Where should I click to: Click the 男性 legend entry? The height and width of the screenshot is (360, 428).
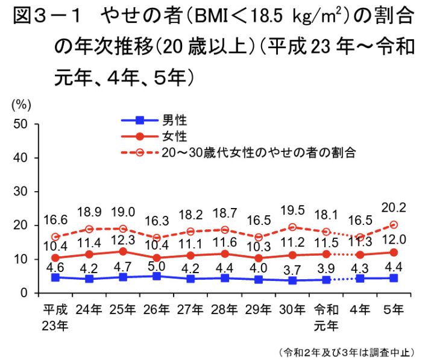coord(172,120)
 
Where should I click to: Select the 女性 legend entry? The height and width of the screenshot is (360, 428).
coord(172,136)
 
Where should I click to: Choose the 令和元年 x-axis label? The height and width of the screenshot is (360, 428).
coord(326,317)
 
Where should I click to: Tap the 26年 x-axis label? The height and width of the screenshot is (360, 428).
coord(157,310)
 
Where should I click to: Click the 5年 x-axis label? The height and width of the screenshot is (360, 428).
coord(394,310)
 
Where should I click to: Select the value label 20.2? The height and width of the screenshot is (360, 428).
coord(393,207)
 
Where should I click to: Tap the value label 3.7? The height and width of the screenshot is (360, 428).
coord(292,268)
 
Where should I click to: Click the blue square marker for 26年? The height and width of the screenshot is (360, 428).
coord(157,276)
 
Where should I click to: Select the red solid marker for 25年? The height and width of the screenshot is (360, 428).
coord(123,251)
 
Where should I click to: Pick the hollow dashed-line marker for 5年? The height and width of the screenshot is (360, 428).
coord(394,225)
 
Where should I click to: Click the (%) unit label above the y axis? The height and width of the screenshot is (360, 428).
coord(21,103)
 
